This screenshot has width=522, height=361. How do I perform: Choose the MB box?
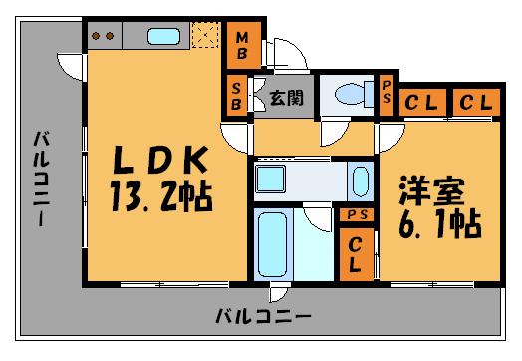240,45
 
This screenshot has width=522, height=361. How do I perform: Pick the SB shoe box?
236,98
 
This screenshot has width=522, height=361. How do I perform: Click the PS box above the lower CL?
355,214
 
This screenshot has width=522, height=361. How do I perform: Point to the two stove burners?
102,37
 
